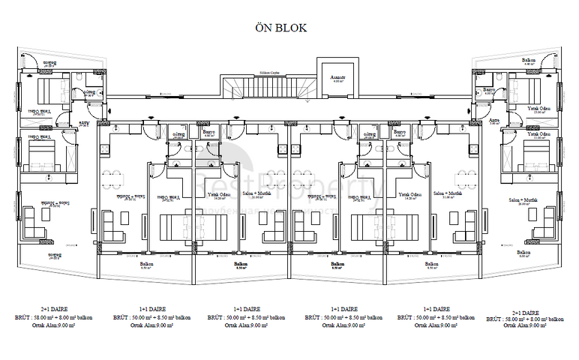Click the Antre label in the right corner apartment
click(495, 120)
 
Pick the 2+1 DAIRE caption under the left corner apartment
click(55, 309)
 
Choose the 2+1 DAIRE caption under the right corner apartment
click(525, 312)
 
